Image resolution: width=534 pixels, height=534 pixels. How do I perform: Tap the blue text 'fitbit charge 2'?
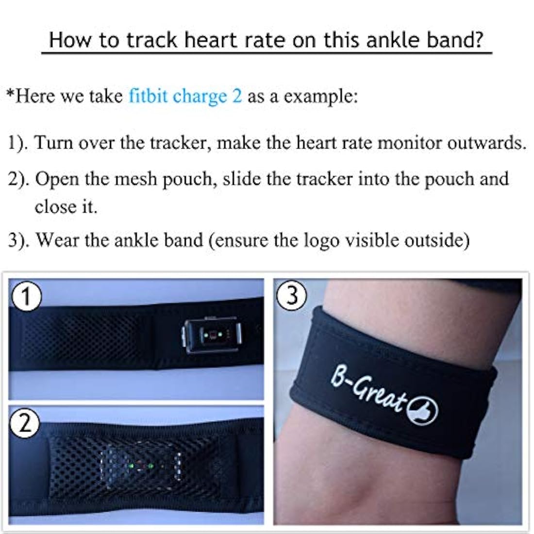185,97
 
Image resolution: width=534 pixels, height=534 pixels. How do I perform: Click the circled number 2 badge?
24,424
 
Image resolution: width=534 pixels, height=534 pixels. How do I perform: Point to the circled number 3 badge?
292,295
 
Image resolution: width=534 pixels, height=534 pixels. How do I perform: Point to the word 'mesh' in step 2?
136,180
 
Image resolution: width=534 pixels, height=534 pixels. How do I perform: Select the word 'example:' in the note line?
321,97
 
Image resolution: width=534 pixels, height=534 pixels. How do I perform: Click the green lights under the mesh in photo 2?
141,464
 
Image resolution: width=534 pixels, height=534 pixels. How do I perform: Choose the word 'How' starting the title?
70,40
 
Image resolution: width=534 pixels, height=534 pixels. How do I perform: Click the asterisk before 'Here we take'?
11,93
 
